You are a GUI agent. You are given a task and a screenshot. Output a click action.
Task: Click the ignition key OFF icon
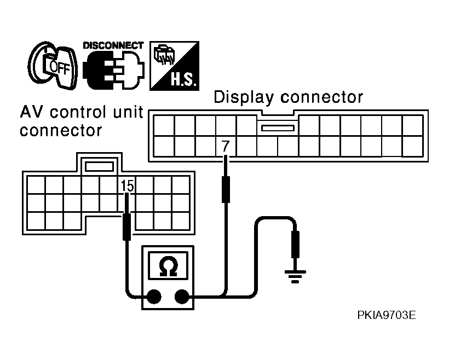[53, 66]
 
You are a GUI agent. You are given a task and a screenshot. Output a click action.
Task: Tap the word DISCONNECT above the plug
[113, 46]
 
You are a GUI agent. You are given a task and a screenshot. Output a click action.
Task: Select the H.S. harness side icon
[174, 66]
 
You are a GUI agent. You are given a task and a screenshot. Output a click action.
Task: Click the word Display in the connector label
[244, 97]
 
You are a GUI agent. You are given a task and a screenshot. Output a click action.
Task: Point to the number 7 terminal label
[226, 146]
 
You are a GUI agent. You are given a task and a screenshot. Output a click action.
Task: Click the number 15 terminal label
[127, 185]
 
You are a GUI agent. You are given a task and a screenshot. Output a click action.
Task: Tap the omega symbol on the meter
[168, 266]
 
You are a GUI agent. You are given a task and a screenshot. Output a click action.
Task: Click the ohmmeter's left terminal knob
[154, 297]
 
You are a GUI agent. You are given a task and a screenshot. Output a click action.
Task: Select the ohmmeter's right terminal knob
[182, 297]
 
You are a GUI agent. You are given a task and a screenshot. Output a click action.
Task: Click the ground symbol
[295, 276]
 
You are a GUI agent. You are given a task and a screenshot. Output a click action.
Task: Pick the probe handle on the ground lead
[295, 245]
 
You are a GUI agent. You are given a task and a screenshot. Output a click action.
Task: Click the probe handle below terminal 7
[226, 189]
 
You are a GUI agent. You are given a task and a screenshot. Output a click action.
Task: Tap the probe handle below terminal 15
[127, 227]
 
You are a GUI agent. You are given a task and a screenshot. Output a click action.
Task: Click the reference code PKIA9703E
[386, 315]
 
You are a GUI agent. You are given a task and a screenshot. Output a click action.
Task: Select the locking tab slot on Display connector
[278, 128]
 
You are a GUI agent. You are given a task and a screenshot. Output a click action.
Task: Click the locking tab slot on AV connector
[99, 166]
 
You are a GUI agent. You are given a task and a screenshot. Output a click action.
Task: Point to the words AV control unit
[82, 112]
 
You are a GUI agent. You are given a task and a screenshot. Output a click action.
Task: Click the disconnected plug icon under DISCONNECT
[114, 70]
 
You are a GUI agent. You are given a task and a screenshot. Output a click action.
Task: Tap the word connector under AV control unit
[61, 131]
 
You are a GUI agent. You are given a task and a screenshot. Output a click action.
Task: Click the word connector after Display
[321, 97]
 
